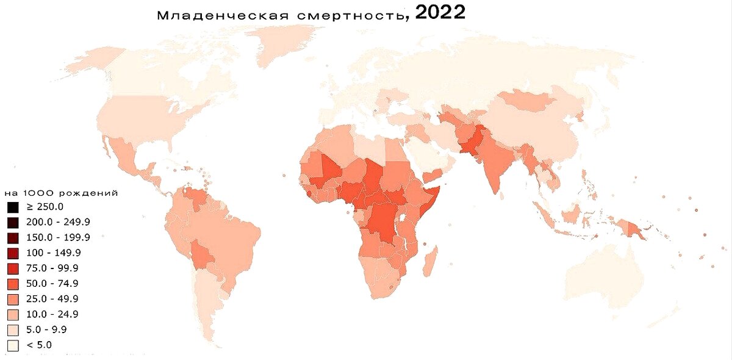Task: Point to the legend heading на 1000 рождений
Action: point(60,193)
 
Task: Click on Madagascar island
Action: point(430,261)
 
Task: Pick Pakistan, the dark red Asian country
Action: point(473,144)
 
